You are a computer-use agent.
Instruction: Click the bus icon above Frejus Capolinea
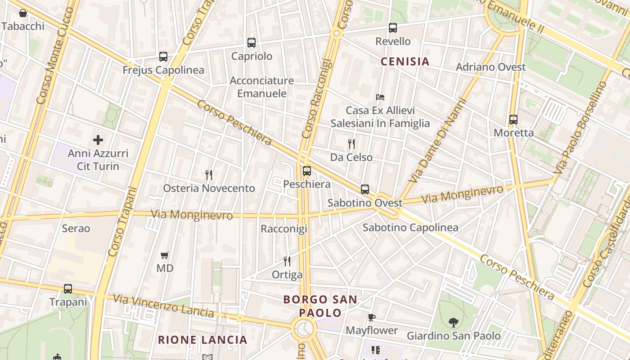coord(163,57)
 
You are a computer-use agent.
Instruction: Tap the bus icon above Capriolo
coord(252,43)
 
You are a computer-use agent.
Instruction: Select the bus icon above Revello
coord(393,28)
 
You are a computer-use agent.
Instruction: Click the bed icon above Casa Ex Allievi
coord(380,97)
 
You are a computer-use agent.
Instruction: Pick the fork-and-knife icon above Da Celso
coord(351,144)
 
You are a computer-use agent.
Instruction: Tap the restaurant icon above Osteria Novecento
coord(209,175)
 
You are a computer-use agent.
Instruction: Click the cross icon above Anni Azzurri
coord(98,140)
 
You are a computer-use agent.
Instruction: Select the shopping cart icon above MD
coord(165,255)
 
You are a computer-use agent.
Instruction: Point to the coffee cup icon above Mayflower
coord(372,317)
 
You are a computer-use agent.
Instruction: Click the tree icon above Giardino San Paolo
coord(454,322)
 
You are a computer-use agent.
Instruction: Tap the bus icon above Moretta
coord(513,120)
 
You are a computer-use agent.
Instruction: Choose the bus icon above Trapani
coord(68,289)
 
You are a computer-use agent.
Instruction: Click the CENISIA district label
coord(405,61)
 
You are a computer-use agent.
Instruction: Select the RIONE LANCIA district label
coord(202,340)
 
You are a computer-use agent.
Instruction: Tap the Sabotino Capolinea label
coord(410,228)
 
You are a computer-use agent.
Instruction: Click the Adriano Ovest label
coord(490,67)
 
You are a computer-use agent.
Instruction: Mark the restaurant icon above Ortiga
coord(287,261)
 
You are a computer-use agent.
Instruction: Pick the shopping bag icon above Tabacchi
coord(23,13)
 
